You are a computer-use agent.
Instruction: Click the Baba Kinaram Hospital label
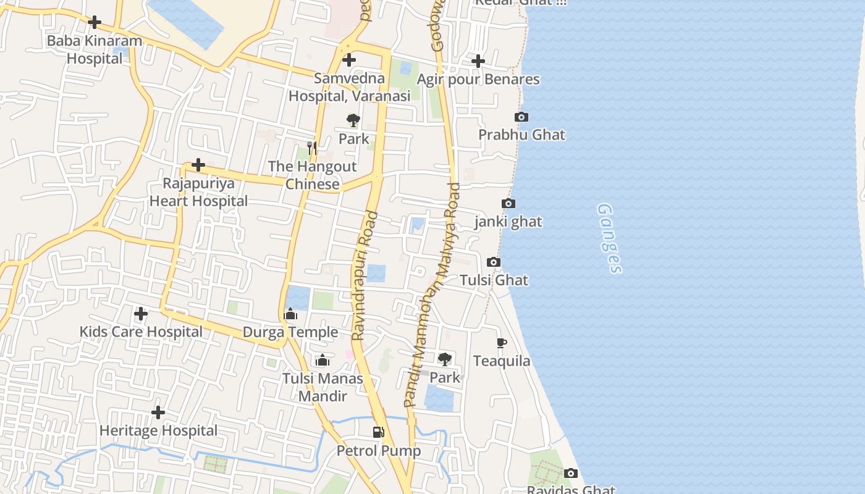click(x=95, y=50)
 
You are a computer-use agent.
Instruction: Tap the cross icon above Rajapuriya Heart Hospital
click(x=198, y=165)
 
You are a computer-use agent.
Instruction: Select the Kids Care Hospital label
click(x=141, y=332)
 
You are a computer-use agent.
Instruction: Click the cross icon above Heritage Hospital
click(x=158, y=412)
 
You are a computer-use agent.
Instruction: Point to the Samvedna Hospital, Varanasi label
click(x=349, y=87)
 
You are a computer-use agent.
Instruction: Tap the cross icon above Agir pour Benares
click(x=478, y=61)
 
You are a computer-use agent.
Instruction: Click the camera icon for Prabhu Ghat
click(x=521, y=117)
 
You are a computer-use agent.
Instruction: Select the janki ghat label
click(x=508, y=221)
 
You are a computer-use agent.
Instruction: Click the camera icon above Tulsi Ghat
click(x=494, y=262)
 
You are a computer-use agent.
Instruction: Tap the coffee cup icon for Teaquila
click(x=502, y=343)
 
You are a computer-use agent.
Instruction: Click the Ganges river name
click(x=609, y=238)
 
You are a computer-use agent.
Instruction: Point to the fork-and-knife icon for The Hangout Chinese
click(x=312, y=148)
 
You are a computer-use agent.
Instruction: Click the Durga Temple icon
click(x=290, y=314)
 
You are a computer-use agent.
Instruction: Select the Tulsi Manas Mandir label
click(x=323, y=387)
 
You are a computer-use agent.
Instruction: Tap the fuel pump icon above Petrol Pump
click(x=379, y=432)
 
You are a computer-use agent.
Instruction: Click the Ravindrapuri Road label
click(x=365, y=275)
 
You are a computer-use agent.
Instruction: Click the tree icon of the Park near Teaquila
click(x=445, y=359)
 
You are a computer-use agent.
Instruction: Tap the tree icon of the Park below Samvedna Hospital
click(x=353, y=120)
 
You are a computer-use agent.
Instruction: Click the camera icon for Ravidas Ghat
click(x=571, y=473)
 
